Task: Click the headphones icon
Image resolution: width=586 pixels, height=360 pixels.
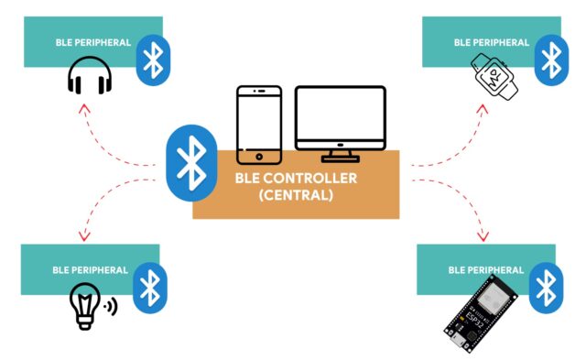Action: point(89,81)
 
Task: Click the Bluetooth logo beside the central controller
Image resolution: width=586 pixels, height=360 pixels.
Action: point(191,162)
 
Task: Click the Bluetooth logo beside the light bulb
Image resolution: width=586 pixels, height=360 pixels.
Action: point(149,288)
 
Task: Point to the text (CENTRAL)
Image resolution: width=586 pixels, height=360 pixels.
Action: point(296,195)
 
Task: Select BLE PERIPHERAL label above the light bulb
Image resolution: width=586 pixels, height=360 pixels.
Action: point(87,270)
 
